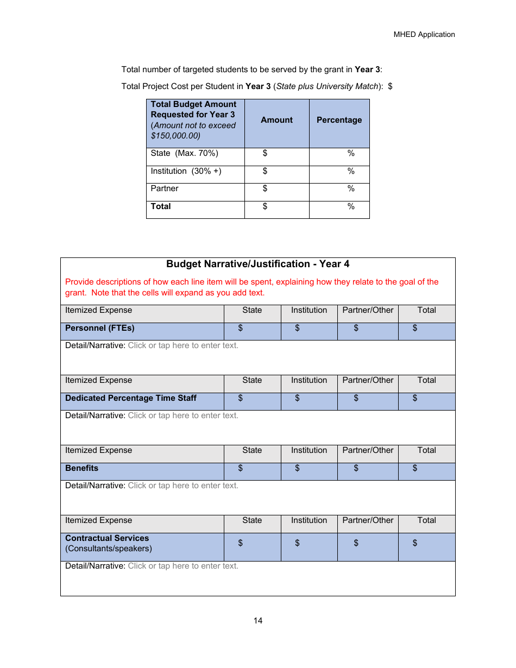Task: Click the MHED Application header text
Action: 424,34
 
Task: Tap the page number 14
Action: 258,621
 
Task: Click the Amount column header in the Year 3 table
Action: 276,120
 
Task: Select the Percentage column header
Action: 339,120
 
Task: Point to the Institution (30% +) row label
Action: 186,171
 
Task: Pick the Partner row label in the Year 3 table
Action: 165,188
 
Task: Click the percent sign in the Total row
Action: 351,206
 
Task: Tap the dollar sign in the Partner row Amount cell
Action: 265,188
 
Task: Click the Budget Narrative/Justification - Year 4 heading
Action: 257,264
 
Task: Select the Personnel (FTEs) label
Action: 100,328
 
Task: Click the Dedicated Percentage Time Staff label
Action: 131,398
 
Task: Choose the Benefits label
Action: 82,468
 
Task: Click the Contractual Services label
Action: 107,538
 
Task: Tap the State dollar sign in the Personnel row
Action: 241,328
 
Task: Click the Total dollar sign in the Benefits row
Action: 415,468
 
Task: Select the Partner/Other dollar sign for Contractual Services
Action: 356,543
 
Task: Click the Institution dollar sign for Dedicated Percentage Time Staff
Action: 298,398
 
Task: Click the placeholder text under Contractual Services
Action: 183,566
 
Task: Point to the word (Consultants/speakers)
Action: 109,549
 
